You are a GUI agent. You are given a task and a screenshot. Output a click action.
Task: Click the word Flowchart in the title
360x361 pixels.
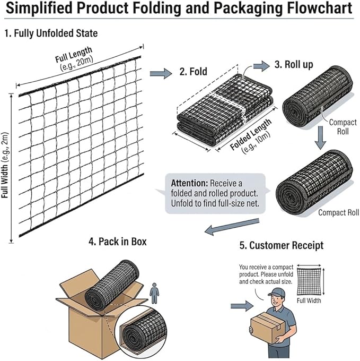(320, 8)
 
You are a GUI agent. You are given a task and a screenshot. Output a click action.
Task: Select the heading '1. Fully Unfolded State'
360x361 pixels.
(51, 33)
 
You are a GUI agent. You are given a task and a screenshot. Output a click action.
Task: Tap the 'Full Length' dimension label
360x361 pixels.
(73, 54)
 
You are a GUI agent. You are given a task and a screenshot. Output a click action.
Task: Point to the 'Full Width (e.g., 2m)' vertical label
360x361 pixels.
(5, 165)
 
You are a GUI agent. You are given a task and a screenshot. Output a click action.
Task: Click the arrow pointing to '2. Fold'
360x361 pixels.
(161, 73)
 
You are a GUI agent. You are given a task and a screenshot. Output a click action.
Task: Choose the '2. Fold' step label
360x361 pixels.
(193, 71)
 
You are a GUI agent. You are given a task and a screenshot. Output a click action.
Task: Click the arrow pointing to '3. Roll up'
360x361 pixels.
(261, 66)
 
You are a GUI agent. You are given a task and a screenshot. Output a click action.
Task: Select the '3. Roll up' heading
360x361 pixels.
(294, 64)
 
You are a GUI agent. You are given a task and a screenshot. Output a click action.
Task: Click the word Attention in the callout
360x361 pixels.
(189, 183)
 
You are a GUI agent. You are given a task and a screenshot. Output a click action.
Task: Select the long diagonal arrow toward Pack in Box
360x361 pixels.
(232, 227)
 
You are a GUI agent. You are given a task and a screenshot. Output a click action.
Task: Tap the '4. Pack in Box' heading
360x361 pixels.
(118, 242)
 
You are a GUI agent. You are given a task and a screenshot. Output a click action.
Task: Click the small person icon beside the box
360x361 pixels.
(154, 293)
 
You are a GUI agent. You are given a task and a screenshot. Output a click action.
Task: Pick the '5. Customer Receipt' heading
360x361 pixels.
(282, 245)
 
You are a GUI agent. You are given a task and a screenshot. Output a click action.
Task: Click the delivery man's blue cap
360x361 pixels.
(277, 292)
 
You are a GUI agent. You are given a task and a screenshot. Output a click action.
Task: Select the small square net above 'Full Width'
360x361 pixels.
(309, 281)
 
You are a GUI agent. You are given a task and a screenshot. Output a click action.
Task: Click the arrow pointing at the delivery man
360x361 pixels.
(242, 306)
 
